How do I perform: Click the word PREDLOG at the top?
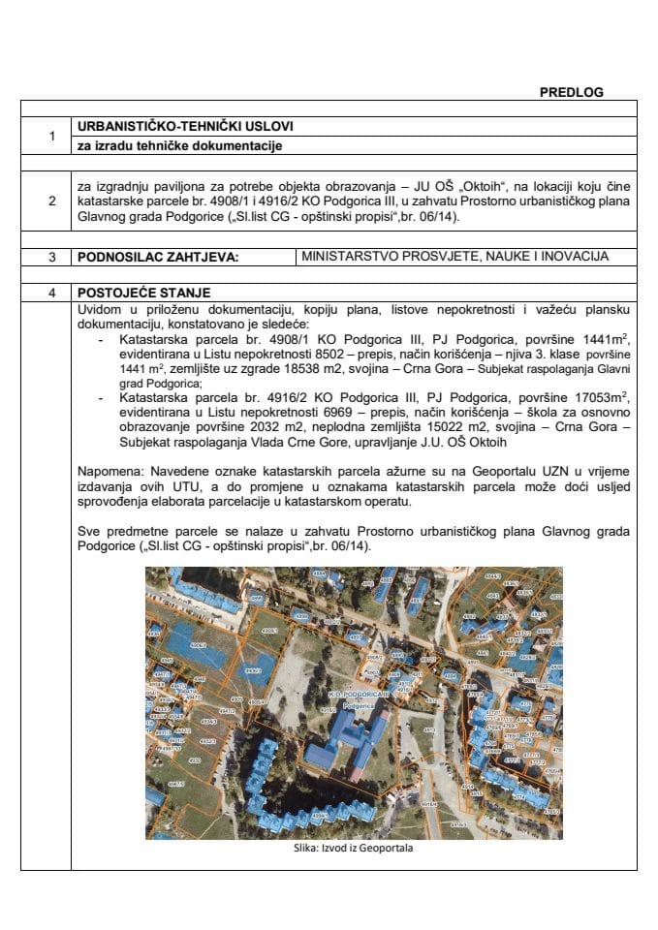point(571,92)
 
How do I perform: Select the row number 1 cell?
point(50,137)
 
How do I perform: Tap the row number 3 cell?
point(50,257)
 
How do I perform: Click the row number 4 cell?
point(50,292)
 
